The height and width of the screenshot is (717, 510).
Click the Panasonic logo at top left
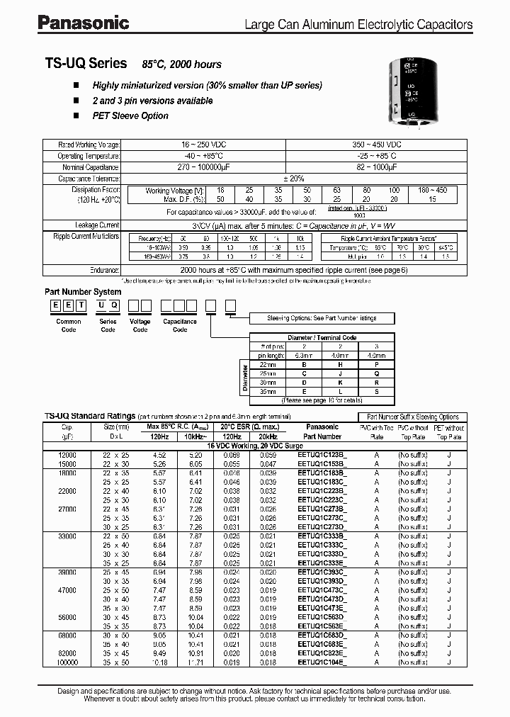(83, 23)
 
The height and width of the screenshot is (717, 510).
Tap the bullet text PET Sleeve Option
(130, 116)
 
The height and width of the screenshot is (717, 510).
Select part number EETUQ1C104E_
(322, 662)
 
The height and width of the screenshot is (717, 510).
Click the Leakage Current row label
(98, 225)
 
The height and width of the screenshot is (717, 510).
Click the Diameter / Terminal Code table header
(322, 337)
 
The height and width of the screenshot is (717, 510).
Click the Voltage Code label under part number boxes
(140, 325)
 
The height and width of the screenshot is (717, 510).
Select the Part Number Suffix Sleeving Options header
(412, 417)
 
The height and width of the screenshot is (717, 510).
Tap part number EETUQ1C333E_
(322, 563)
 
